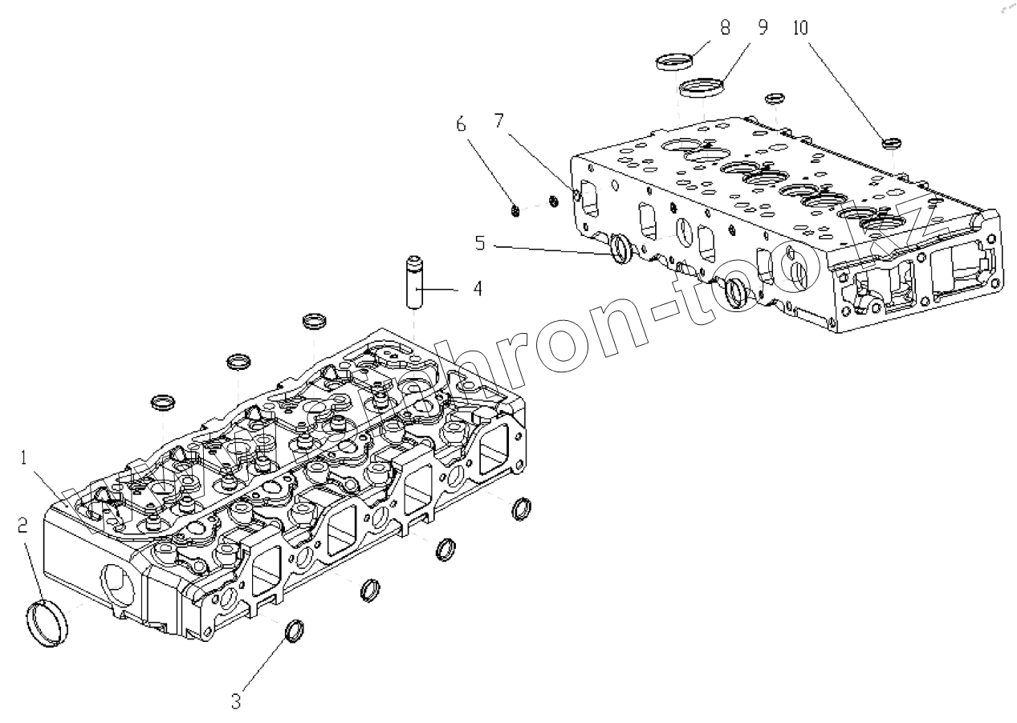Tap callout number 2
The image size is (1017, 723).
tap(23, 526)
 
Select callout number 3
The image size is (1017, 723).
tap(236, 701)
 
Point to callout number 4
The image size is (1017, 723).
tap(477, 288)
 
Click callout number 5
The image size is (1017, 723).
tap(479, 243)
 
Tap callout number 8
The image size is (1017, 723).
tap(725, 27)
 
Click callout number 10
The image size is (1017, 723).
tap(801, 27)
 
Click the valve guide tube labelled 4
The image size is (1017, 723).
tap(413, 286)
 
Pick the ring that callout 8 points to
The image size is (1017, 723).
tap(674, 61)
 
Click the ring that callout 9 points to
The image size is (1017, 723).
tap(699, 87)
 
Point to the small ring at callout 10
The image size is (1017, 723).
tap(891, 144)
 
